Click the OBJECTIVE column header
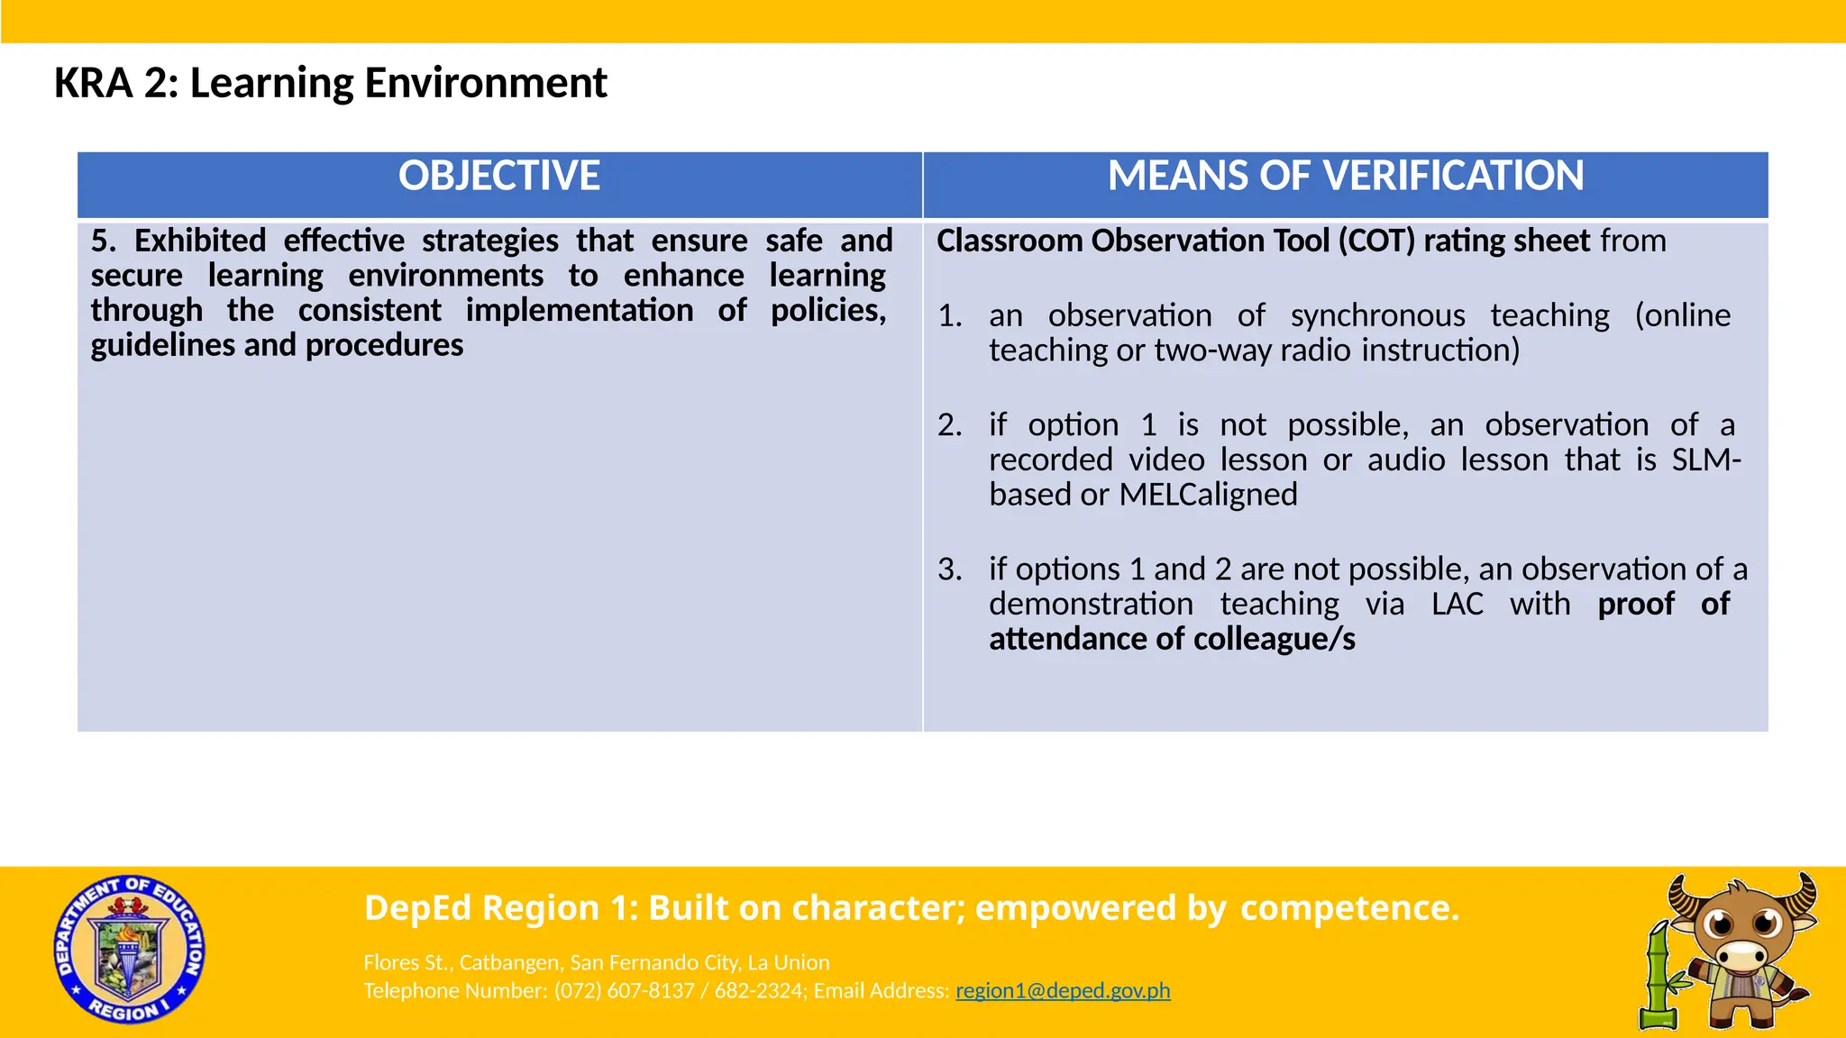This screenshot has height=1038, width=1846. pyautogui.click(x=499, y=176)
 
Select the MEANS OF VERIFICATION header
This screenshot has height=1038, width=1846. pyautogui.click(x=1345, y=176)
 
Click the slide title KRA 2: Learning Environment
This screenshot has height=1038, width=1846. pyautogui.click(x=330, y=83)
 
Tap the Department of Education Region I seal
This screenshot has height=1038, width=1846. pyautogui.click(x=129, y=950)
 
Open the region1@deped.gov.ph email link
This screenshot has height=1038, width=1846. pyautogui.click(x=1063, y=990)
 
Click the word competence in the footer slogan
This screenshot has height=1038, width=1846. pyautogui.click(x=1348, y=908)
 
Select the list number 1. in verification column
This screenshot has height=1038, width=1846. pyautogui.click(x=950, y=316)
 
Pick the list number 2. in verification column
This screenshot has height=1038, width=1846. pyautogui.click(x=950, y=425)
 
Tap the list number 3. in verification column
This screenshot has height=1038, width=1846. pyautogui.click(x=950, y=569)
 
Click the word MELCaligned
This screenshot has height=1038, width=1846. pyautogui.click(x=1208, y=495)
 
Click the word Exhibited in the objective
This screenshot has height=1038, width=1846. pyautogui.click(x=200, y=241)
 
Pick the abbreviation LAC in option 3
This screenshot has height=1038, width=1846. pyautogui.click(x=1457, y=604)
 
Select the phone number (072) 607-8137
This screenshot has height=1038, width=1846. pyautogui.click(x=624, y=990)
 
